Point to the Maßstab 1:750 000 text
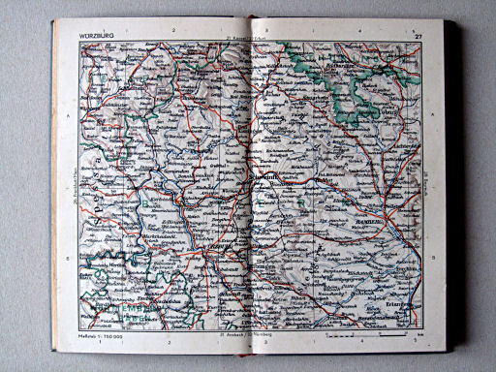click(x=97, y=336)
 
